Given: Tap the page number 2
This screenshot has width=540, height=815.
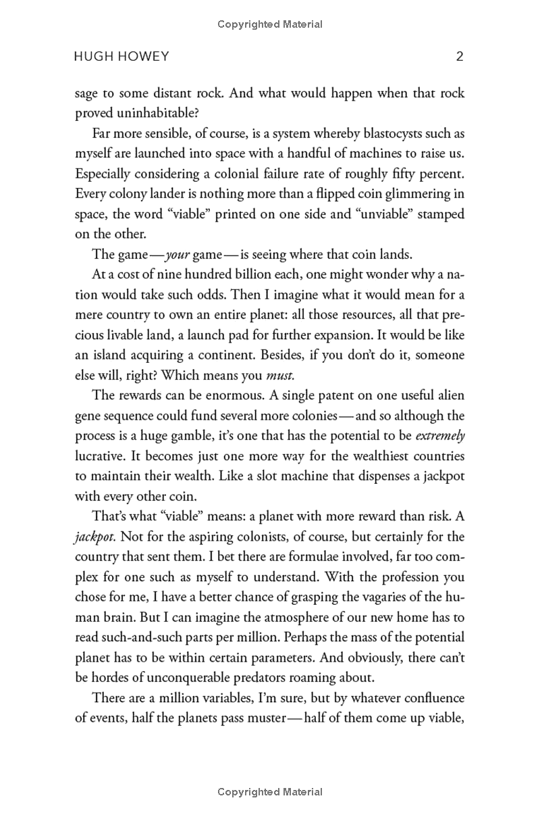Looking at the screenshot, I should coord(460,57).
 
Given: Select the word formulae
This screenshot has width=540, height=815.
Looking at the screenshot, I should coord(318,557).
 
